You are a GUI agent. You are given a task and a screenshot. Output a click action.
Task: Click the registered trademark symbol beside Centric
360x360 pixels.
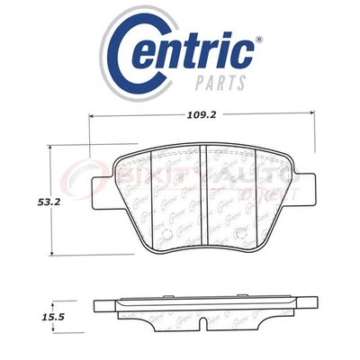[x=259, y=40]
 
